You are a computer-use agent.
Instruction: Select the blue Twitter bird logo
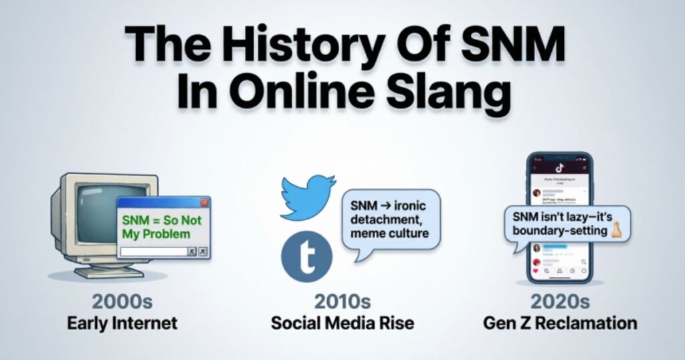306,197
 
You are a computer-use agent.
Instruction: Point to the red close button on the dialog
205,203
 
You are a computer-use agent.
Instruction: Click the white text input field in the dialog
153,252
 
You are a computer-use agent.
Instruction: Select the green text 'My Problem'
156,234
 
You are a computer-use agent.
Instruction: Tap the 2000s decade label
122,301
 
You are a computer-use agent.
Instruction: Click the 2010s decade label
342,301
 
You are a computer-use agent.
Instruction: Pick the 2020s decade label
560,301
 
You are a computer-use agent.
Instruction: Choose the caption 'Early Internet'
122,323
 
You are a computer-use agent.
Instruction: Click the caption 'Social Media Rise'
342,323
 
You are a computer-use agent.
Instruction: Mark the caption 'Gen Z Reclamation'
561,323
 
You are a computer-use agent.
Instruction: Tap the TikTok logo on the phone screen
559,167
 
